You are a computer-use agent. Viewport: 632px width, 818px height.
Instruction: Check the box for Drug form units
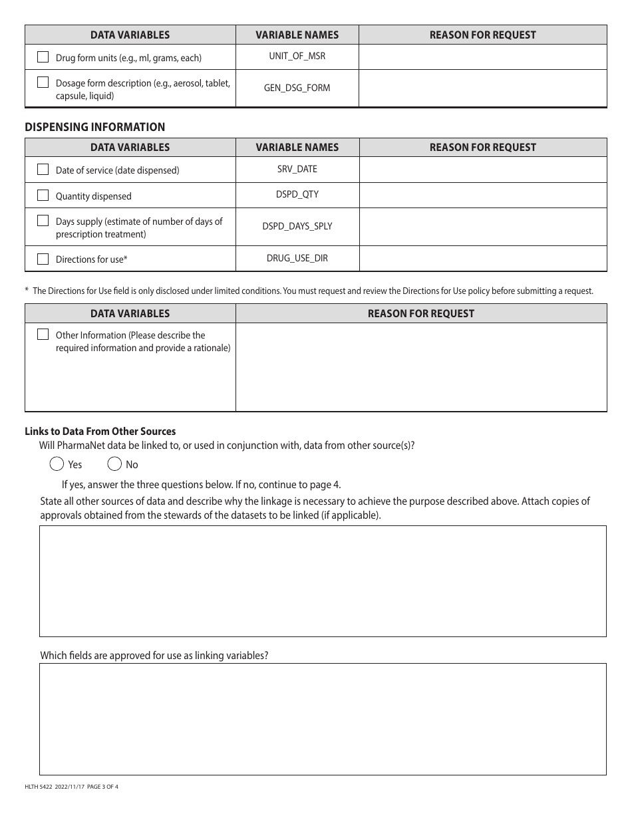point(43,57)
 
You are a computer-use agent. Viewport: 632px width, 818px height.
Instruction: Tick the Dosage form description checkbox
point(43,83)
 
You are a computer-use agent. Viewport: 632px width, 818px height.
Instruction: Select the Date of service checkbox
point(43,170)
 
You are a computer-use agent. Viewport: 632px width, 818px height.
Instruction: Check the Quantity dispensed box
point(43,196)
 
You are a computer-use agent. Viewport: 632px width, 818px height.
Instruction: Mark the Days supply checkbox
point(43,221)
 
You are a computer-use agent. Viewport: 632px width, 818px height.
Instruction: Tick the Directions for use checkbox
point(43,259)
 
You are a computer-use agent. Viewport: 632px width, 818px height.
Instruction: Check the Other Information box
point(43,335)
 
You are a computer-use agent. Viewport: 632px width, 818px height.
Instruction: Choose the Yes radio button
point(57,464)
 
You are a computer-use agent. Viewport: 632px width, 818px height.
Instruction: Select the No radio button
point(114,464)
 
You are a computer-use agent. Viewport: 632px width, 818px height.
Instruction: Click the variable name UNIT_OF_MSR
point(297,56)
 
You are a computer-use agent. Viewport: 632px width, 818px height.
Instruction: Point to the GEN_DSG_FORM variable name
point(297,88)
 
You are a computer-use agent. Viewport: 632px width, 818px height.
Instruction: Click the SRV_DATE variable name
point(297,169)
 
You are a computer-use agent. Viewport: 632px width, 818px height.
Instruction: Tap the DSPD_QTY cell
point(297,195)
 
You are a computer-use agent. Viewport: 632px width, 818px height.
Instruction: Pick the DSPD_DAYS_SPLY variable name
point(297,226)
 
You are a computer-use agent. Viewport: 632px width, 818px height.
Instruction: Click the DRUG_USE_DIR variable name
point(297,258)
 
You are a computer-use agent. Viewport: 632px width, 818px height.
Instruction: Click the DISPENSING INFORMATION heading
point(95,127)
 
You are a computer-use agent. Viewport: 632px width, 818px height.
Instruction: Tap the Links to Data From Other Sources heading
point(100,432)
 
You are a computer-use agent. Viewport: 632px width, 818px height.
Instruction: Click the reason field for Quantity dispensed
point(483,195)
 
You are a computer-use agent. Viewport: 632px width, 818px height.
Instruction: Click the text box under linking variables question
point(323,719)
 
